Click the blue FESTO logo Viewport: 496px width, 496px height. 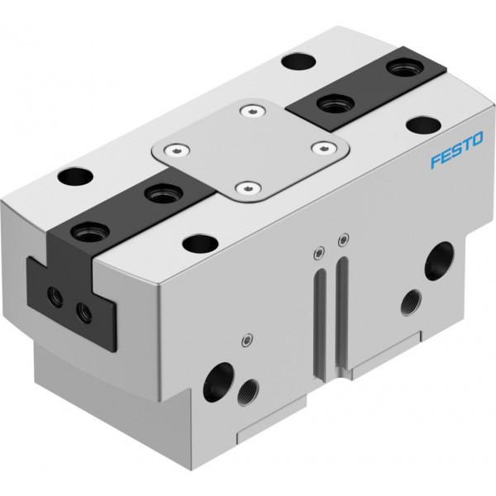click(x=457, y=150)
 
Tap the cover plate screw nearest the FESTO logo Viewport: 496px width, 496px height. click(x=323, y=147)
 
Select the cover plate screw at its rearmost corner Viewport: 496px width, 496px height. click(x=252, y=111)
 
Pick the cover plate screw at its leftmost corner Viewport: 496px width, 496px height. click(x=177, y=150)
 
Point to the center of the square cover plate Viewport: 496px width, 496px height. click(x=250, y=150)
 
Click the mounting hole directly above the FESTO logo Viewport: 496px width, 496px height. click(x=423, y=124)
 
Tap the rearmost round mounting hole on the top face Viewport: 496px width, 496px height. click(x=298, y=61)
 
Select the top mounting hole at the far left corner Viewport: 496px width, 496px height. click(x=75, y=176)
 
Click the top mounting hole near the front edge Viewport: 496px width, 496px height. click(x=201, y=243)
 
